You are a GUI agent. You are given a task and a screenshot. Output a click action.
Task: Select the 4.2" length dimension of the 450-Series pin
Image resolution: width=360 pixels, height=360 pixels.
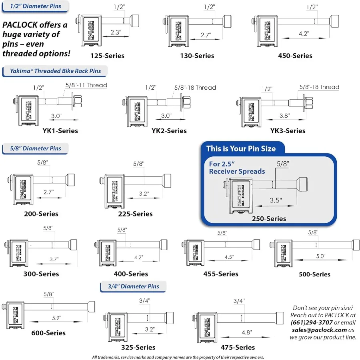click(304, 34)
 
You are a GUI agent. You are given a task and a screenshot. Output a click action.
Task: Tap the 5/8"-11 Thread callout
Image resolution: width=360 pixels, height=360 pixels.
click(86, 85)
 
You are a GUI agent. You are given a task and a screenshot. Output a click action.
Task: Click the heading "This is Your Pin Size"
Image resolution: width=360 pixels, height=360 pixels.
click(241, 149)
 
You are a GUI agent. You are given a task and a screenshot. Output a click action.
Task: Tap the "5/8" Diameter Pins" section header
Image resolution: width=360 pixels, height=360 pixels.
click(36, 148)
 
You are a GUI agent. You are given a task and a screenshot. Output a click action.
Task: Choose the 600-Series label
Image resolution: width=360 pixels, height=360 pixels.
click(48, 333)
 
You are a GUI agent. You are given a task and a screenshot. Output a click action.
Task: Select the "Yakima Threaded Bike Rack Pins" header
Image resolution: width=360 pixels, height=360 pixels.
click(55, 71)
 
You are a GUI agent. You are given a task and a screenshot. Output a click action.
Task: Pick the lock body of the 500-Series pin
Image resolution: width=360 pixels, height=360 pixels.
click(285, 252)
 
